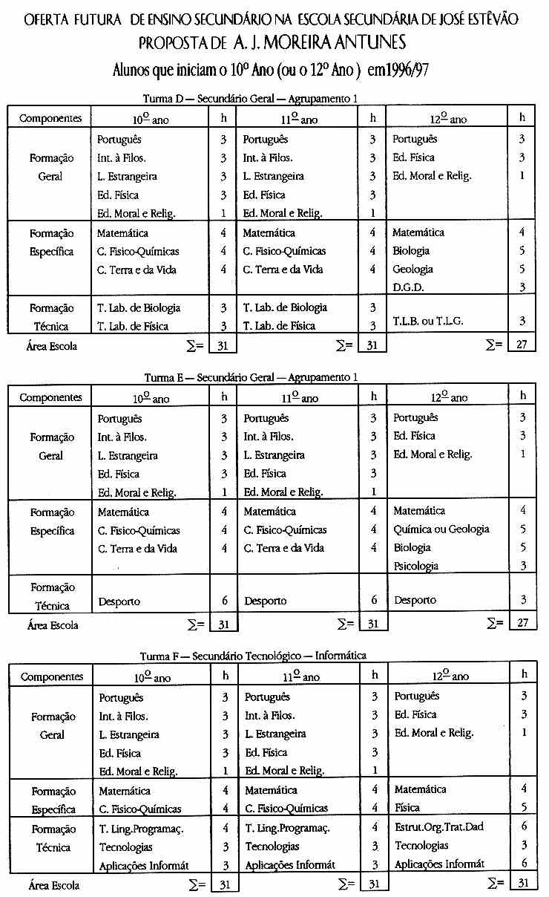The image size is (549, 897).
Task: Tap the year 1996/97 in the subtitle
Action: (403, 70)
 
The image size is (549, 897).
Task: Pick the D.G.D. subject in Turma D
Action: (409, 287)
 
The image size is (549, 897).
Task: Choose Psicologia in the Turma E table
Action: (415, 566)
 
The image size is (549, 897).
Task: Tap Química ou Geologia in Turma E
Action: (441, 529)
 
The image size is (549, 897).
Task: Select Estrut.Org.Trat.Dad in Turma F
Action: (439, 826)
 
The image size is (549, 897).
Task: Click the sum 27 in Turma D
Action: (522, 345)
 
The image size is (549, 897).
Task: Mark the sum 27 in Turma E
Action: (522, 623)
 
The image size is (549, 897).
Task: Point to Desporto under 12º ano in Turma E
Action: (415, 600)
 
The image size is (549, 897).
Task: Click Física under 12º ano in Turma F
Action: (407, 808)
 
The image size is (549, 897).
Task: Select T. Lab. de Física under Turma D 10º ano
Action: (133, 326)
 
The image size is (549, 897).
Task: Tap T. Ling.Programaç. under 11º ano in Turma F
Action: (287, 827)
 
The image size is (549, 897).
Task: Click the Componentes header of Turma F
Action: (51, 677)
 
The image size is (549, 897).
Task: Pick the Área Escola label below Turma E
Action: (53, 625)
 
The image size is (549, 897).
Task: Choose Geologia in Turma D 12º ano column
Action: (412, 270)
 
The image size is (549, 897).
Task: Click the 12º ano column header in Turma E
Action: (449, 398)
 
